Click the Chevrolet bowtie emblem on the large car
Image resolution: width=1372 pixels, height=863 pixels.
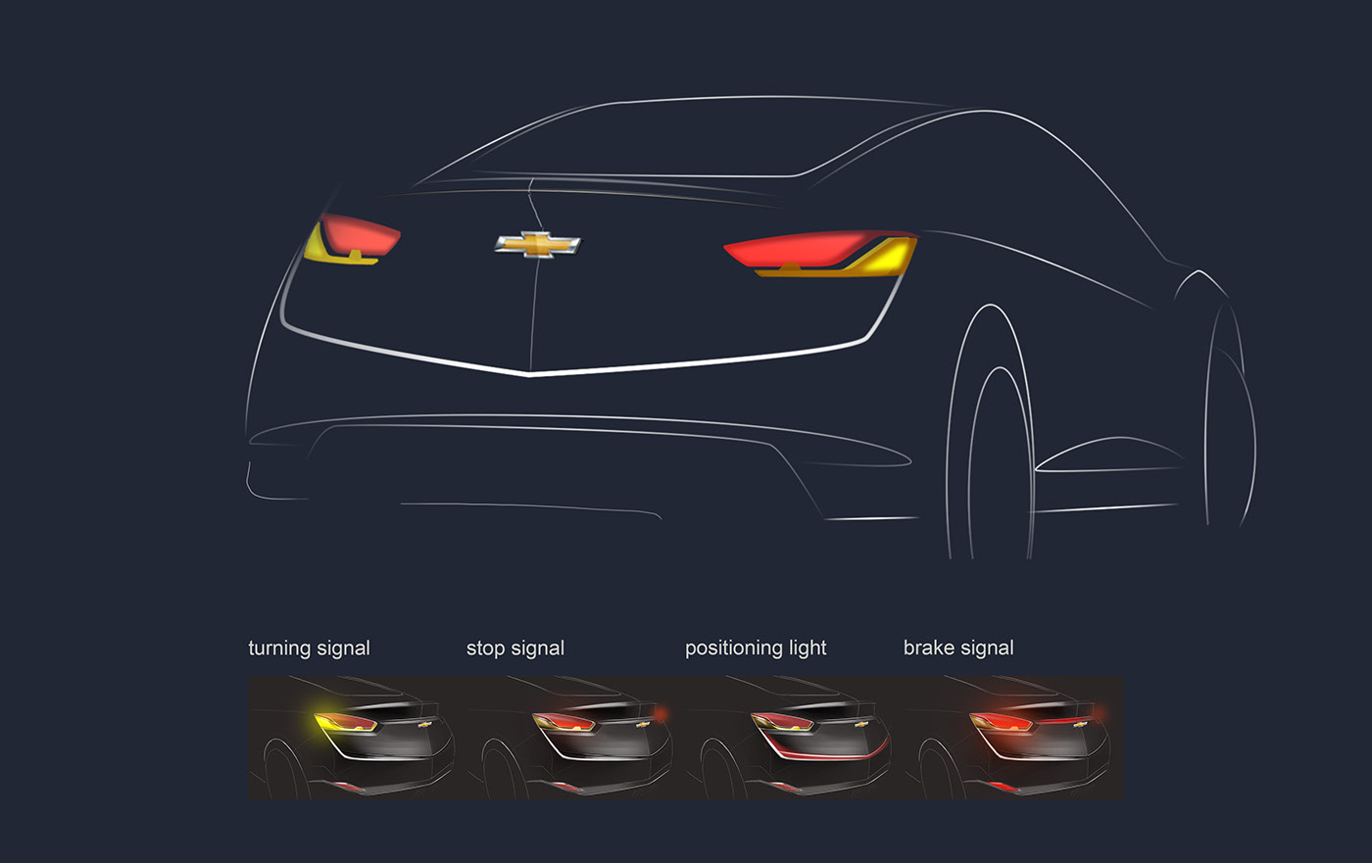tap(537, 244)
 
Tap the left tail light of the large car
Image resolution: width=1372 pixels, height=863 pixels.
tap(355, 238)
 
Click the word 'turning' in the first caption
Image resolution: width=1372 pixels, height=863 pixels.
tap(281, 648)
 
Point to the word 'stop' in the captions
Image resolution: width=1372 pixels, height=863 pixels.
tap(484, 648)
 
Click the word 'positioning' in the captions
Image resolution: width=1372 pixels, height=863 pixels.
tap(733, 648)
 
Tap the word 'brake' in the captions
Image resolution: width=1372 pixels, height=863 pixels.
tap(929, 648)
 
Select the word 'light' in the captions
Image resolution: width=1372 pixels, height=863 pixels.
tap(807, 648)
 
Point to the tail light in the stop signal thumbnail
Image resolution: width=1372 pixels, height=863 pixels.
tap(563, 723)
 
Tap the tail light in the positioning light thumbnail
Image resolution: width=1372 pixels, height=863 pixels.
tap(782, 723)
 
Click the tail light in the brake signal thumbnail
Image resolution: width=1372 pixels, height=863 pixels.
tap(1001, 723)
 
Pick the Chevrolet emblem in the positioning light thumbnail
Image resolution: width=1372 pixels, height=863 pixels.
tap(862, 725)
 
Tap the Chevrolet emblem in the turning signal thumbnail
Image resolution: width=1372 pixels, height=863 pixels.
tap(425, 725)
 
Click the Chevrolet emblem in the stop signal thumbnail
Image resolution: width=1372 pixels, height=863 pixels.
tap(644, 725)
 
